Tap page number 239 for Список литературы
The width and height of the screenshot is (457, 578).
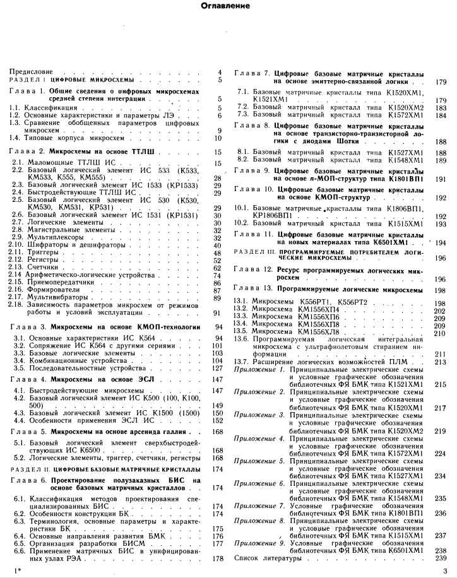[x=441, y=558]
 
